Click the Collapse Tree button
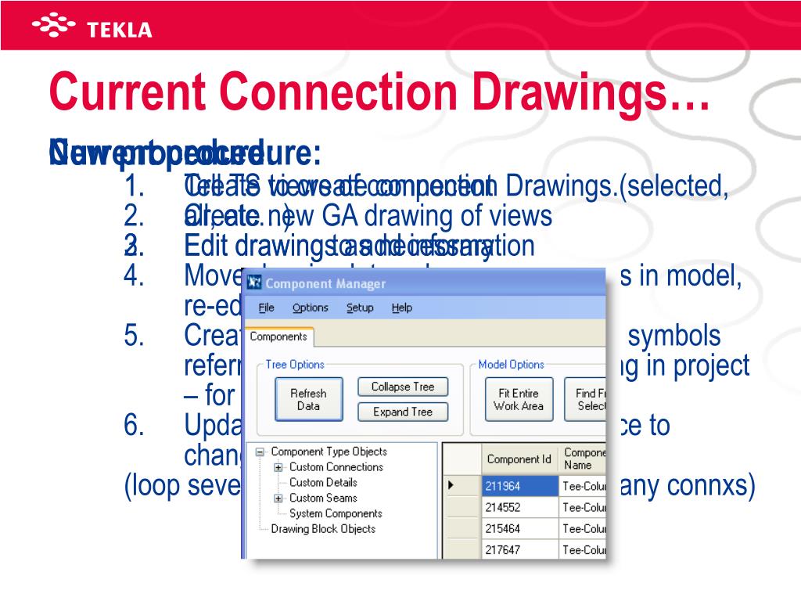[x=402, y=387]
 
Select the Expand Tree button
[x=402, y=412]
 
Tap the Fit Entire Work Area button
[x=518, y=399]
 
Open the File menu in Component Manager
[x=266, y=308]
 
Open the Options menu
[x=310, y=308]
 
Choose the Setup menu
[x=360, y=308]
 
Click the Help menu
[x=401, y=308]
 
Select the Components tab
[x=278, y=336]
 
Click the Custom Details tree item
[x=323, y=482]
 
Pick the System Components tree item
[x=336, y=513]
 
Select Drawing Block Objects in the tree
[x=323, y=529]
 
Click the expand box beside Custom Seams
[x=278, y=498]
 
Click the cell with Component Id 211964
[x=519, y=486]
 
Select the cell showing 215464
[x=519, y=528]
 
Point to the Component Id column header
[x=519, y=459]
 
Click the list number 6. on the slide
[x=135, y=426]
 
